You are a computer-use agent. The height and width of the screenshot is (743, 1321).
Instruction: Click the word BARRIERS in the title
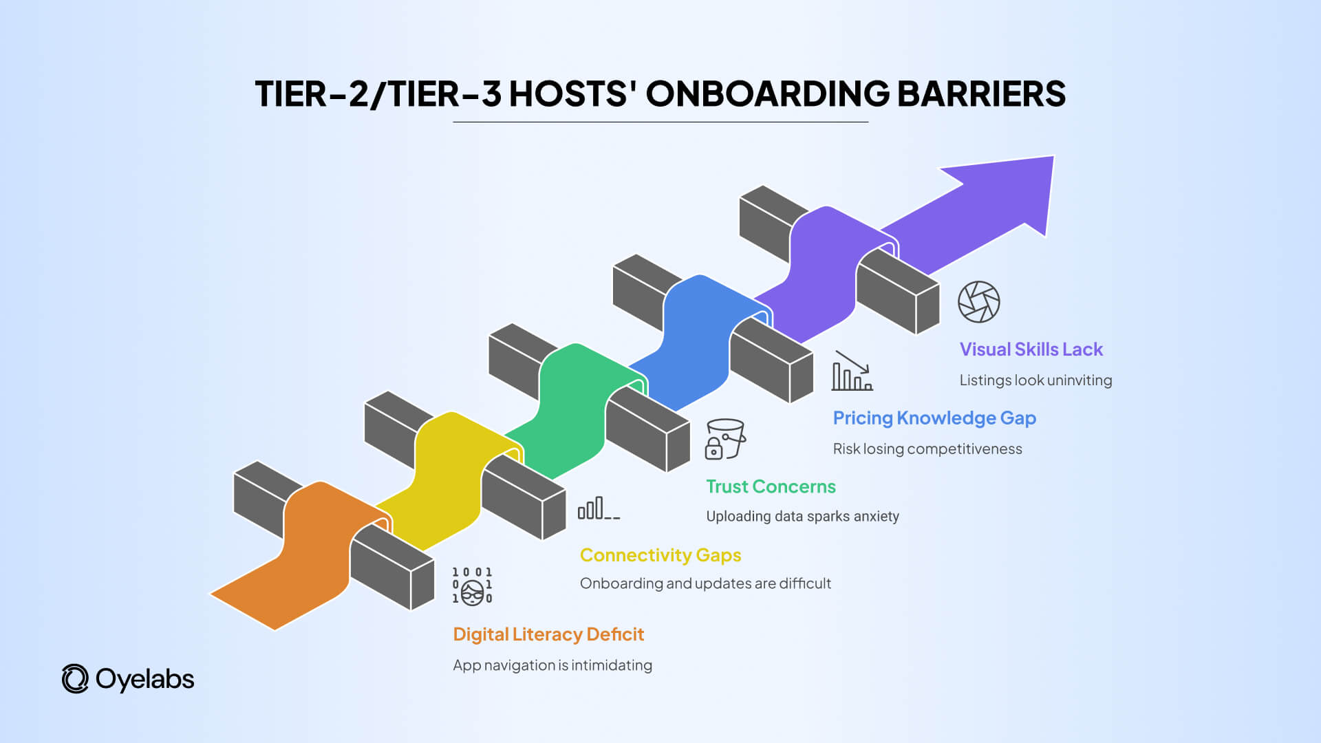pyautogui.click(x=981, y=94)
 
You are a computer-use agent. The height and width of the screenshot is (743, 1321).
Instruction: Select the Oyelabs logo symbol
pyautogui.click(x=75, y=679)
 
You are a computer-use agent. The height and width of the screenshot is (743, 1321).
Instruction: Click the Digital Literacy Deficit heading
pyautogui.click(x=548, y=634)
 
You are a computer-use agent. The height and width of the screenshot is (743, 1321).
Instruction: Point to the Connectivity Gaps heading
pyautogui.click(x=660, y=555)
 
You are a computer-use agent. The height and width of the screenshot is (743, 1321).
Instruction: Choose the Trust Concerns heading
pyautogui.click(x=771, y=486)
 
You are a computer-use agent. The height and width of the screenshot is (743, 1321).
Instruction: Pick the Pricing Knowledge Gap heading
pyautogui.click(x=934, y=418)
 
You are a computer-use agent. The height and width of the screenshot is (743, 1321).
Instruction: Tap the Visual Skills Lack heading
pyautogui.click(x=1031, y=349)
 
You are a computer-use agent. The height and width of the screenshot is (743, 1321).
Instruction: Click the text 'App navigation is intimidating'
pyautogui.click(x=552, y=665)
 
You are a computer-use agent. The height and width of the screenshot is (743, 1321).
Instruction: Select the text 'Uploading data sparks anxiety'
pyautogui.click(x=802, y=517)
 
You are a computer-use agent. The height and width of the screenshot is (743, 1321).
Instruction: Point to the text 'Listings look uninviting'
pyautogui.click(x=1035, y=380)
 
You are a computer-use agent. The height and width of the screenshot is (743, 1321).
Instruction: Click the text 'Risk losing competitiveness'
pyautogui.click(x=927, y=449)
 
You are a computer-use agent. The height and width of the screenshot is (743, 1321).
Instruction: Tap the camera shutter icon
pyautogui.click(x=978, y=302)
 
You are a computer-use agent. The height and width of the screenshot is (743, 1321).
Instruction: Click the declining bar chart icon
pyautogui.click(x=852, y=371)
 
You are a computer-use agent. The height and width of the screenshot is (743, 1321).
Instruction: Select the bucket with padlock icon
pyautogui.click(x=725, y=439)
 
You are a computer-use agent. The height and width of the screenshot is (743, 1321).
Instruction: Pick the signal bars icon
pyautogui.click(x=598, y=508)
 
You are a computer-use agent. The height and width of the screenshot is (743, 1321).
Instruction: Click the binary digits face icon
pyautogui.click(x=472, y=586)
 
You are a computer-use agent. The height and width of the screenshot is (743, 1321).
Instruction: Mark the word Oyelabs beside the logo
pyautogui.click(x=144, y=679)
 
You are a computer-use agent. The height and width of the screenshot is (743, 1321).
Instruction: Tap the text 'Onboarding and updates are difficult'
pyautogui.click(x=705, y=584)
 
